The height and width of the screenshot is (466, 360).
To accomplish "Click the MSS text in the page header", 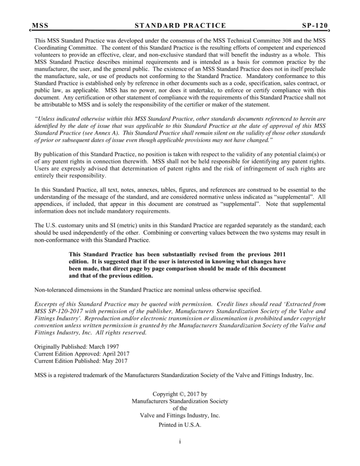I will (40, 26).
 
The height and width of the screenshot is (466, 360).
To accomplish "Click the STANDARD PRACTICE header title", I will (180, 26).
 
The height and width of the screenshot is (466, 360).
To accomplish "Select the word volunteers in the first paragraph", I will (47, 55).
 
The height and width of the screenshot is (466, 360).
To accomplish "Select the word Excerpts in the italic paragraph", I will (45, 304).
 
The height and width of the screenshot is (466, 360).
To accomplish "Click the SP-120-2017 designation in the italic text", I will (63, 311).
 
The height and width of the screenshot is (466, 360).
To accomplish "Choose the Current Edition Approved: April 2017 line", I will (82, 354).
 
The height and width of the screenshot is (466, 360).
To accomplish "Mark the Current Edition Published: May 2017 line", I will (81, 361).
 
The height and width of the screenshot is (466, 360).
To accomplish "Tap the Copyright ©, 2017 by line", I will (180, 394).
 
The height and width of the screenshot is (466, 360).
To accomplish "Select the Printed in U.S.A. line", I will (180, 425).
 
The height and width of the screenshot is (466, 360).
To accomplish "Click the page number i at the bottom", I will (180, 441).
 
